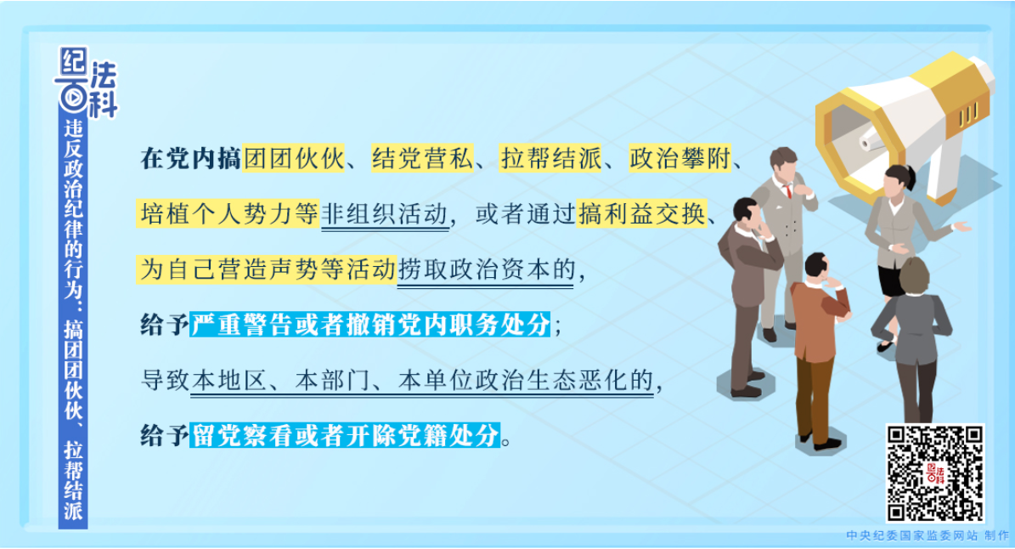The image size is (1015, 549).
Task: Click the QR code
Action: (x=934, y=473)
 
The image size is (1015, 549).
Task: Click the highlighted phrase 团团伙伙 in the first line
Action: (x=294, y=158)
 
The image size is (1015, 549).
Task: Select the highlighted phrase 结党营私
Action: (x=422, y=158)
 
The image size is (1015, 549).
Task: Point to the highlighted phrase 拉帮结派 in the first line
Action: (x=551, y=158)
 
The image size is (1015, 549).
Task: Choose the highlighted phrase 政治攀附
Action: (x=679, y=158)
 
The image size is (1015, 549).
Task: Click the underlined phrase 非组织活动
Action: (x=385, y=214)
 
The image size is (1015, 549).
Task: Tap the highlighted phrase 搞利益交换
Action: (x=641, y=213)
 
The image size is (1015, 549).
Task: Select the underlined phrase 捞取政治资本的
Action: (x=486, y=269)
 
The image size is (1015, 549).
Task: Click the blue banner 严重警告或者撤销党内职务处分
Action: (x=370, y=325)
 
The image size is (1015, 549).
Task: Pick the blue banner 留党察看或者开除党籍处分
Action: (x=345, y=435)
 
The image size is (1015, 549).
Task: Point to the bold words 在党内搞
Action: (x=191, y=158)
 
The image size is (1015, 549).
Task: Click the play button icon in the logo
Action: (x=73, y=98)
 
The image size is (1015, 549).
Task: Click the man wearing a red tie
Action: (x=785, y=240)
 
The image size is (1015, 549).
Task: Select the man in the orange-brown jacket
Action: (x=818, y=349)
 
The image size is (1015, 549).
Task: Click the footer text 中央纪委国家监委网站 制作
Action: (x=928, y=535)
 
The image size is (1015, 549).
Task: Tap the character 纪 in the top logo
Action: (x=72, y=62)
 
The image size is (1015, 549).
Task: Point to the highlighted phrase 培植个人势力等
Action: (x=228, y=213)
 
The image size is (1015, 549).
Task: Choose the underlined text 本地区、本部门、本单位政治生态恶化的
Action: (x=422, y=381)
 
